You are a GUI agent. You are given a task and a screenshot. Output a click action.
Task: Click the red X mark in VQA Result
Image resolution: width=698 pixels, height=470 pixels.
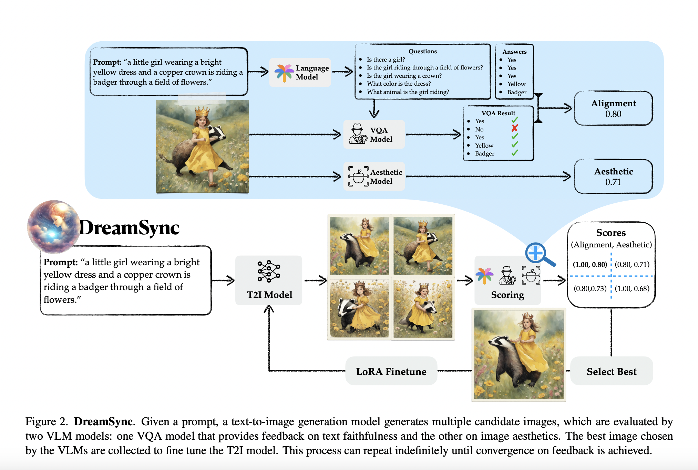coord(515,128)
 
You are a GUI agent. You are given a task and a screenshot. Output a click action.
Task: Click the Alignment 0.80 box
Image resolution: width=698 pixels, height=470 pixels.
coord(613,108)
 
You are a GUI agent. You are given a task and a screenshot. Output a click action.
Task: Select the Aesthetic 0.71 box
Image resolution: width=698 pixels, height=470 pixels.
coord(613,177)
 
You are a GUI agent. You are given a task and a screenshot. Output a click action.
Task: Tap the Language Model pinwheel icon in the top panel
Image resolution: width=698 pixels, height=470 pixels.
coord(284,73)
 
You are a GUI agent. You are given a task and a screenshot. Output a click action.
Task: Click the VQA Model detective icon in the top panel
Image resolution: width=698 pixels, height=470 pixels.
coord(358,134)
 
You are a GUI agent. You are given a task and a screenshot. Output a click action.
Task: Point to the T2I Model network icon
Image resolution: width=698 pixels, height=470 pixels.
coord(269,271)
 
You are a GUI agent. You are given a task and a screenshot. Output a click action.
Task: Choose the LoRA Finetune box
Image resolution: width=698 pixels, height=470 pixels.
coord(391,371)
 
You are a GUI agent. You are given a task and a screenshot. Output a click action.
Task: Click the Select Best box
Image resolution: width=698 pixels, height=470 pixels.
coord(612,371)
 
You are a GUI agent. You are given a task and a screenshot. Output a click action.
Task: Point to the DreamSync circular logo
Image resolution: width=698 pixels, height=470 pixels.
coord(54,226)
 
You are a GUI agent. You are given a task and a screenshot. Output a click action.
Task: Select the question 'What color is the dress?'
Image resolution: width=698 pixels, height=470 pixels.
coord(399,84)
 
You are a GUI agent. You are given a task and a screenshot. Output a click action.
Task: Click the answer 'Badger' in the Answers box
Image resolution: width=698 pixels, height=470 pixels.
coord(517,92)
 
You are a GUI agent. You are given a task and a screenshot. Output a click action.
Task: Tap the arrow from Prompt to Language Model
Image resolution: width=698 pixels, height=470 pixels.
coord(258,72)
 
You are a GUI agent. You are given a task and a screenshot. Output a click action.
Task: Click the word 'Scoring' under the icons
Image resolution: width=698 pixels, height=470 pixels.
coord(507,295)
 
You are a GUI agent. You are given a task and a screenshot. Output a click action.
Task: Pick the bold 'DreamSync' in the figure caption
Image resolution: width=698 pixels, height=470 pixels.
coord(103,421)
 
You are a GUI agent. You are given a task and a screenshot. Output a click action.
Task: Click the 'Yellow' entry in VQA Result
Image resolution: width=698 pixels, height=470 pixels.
coord(484,146)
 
